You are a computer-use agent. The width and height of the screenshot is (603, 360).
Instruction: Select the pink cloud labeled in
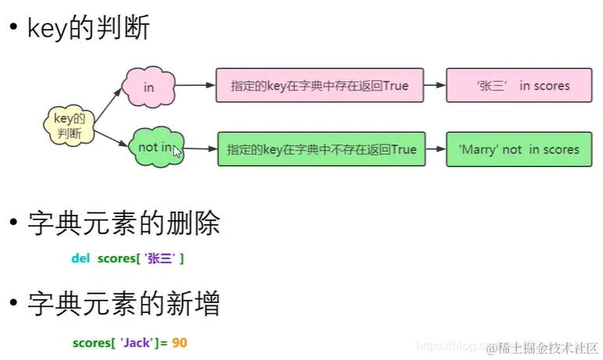[x=148, y=86]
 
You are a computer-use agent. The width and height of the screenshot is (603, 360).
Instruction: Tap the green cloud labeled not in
[x=155, y=148]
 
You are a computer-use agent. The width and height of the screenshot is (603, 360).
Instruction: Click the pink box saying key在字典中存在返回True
[x=320, y=85]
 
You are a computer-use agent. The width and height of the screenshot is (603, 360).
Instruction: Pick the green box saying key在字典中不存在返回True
[x=322, y=148]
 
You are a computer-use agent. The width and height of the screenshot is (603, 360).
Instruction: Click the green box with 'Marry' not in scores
[x=519, y=148]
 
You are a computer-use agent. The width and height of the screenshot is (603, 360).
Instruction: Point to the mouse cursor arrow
[x=177, y=151]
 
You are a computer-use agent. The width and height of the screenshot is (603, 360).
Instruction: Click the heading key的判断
[x=88, y=28]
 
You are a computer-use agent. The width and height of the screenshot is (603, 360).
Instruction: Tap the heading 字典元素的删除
[x=123, y=224]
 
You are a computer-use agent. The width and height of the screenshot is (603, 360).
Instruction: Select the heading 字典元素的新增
[x=123, y=303]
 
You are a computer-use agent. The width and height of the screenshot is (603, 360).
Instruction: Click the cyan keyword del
[x=80, y=258]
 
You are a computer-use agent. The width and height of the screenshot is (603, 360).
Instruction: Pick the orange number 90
[x=180, y=343]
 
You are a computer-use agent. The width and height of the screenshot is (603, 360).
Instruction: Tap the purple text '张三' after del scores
[x=159, y=258]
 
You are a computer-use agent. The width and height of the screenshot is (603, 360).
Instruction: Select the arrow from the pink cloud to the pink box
[x=195, y=85]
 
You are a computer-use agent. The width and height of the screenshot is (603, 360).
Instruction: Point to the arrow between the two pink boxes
[x=434, y=85]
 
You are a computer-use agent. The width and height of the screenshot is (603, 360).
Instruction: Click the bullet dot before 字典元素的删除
[x=12, y=224]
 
